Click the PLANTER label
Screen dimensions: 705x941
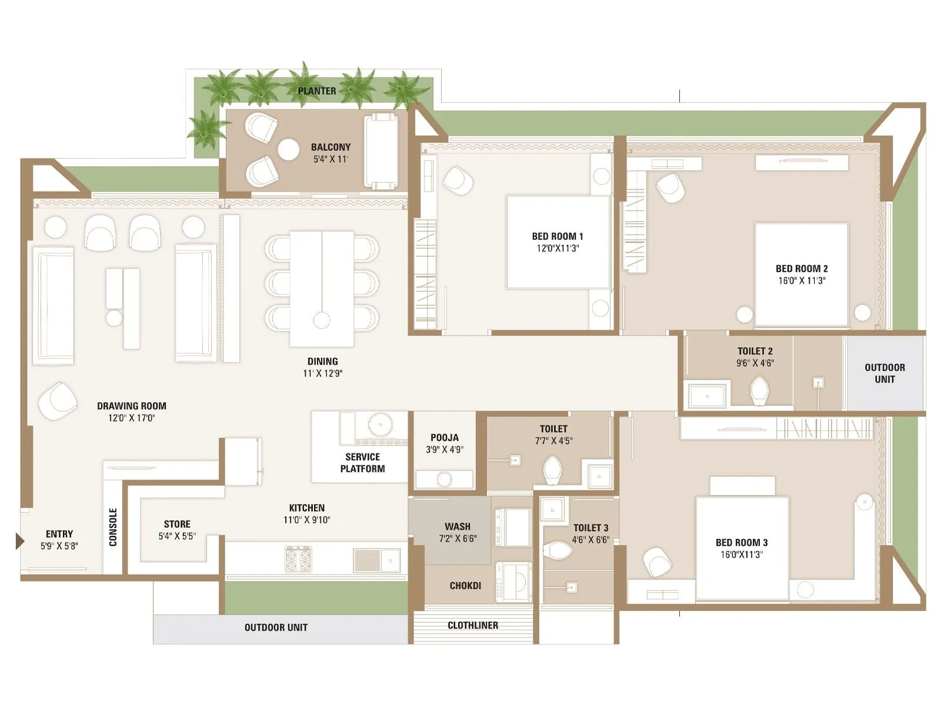[x=317, y=91]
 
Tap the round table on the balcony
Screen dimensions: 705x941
[x=288, y=149]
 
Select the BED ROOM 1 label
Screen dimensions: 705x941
[x=558, y=236]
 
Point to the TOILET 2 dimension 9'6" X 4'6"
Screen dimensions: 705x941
[x=755, y=363]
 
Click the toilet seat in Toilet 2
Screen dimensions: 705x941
[x=760, y=390]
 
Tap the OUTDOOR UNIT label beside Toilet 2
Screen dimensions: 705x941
[x=885, y=373]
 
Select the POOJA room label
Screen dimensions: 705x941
[x=445, y=438]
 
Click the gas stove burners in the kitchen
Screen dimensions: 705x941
[x=298, y=559]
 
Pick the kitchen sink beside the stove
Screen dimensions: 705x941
[x=376, y=560]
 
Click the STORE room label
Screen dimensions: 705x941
[x=177, y=524]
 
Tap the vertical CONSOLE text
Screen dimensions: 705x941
[x=113, y=527]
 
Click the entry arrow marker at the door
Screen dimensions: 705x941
[x=19, y=540]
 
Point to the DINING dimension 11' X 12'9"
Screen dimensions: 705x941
[x=322, y=374]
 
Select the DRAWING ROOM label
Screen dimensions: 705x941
[x=131, y=406]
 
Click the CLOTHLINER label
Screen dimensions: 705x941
[x=473, y=626]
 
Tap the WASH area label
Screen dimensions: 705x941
[x=458, y=526]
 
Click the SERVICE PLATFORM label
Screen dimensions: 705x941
[x=362, y=462]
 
